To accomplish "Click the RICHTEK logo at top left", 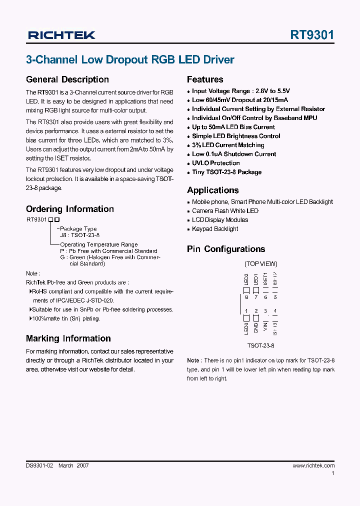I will coord(61,35).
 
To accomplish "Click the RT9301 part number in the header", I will coord(312,35).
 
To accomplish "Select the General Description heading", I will coord(67,79).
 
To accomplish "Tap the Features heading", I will coord(205,79).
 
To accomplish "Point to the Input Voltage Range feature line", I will coord(240,91).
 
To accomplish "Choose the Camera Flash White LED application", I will coord(225,211).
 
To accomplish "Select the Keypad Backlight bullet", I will coord(215,229).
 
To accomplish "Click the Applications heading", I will coord(212,190).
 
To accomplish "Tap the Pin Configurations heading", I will coord(226,249).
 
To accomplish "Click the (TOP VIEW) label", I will coord(260,264).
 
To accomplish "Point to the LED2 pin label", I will coord(246,279).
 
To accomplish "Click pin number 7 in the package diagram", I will coord(256,297).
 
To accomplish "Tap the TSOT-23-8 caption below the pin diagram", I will coord(260,345).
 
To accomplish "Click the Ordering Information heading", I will coord(69,209).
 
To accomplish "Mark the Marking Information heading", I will coord(68,338).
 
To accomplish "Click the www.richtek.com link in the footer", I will coord(313,465).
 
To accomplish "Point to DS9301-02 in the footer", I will coord(39,465).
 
